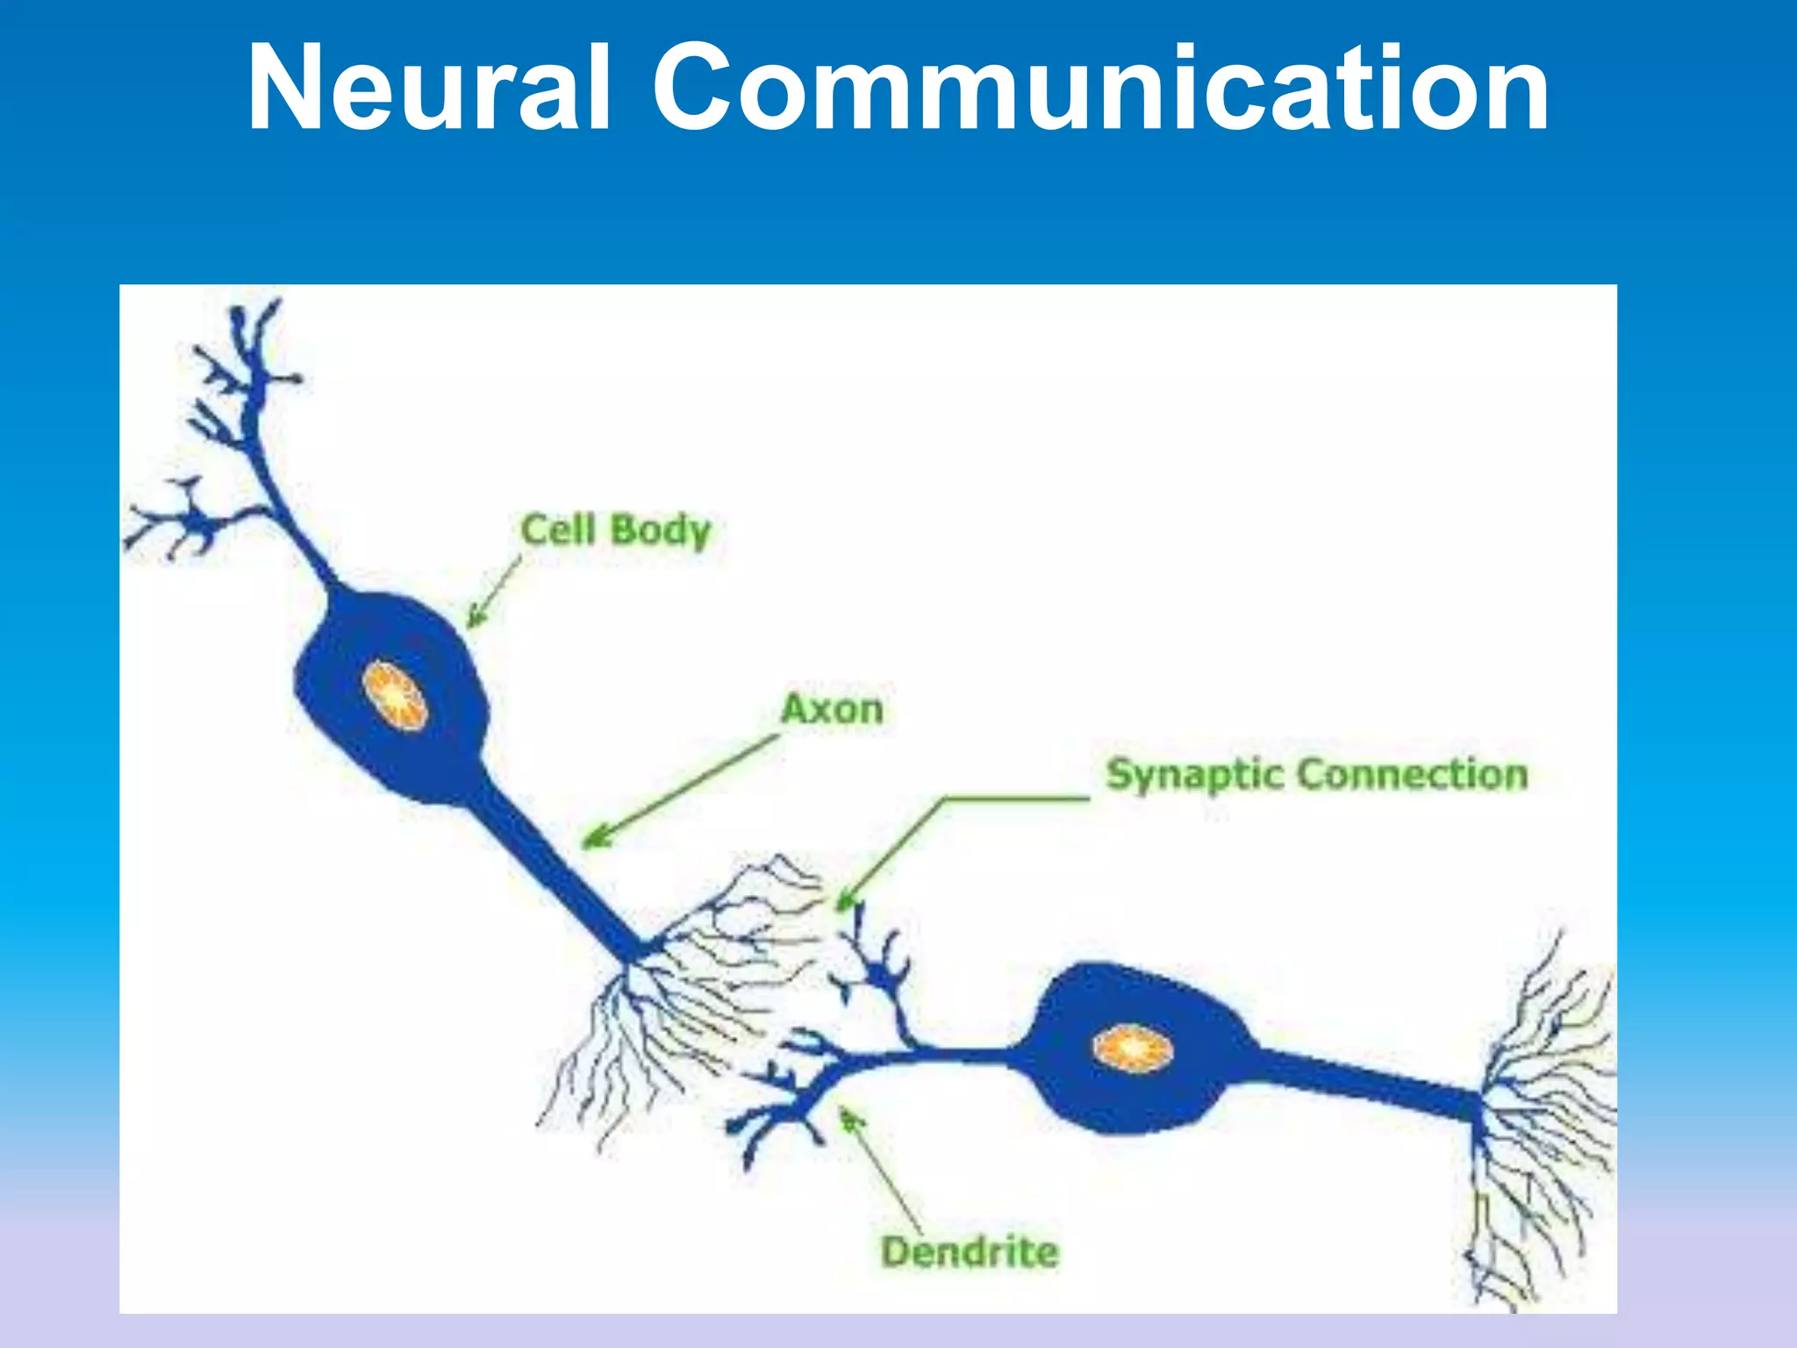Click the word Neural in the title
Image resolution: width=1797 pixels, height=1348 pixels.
428,88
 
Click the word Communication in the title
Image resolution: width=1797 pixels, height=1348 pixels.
1100,88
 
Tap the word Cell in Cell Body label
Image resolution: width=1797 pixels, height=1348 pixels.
558,529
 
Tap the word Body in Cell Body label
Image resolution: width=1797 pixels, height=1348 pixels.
660,531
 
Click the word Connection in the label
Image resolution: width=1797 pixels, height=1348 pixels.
1413,774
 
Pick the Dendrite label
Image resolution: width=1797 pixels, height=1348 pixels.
970,1251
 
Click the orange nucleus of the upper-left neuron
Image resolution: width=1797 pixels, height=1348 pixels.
396,694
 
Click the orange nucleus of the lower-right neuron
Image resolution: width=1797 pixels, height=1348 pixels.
1133,1048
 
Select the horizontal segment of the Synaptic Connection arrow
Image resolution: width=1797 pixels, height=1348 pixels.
1018,799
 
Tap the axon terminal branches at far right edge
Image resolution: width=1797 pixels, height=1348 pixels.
1544,1123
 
